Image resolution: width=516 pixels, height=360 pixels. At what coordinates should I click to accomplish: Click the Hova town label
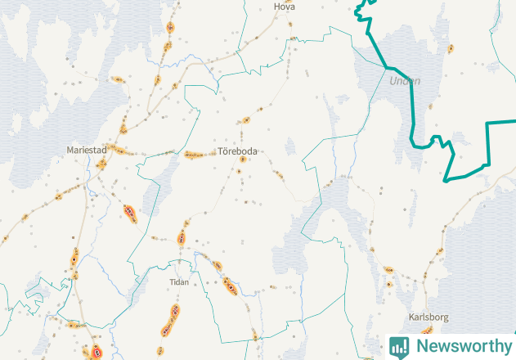(x=285, y=7)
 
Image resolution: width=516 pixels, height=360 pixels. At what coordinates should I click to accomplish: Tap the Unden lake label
(x=405, y=81)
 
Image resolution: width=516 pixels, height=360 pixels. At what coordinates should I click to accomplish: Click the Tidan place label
(x=178, y=282)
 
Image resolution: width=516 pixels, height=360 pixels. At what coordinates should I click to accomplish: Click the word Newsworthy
(x=462, y=346)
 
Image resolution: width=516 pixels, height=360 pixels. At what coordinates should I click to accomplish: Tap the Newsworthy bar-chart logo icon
(x=399, y=346)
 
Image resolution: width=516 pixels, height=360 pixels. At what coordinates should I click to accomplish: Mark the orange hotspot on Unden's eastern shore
(x=450, y=49)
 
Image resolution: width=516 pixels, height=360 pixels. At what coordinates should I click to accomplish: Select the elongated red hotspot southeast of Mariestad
(x=130, y=214)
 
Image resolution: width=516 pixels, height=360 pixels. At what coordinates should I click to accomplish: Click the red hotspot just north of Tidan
(x=182, y=239)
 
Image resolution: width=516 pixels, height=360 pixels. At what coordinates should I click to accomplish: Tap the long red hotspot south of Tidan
(x=171, y=319)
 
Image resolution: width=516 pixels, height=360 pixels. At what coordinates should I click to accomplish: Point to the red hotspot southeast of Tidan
(x=230, y=286)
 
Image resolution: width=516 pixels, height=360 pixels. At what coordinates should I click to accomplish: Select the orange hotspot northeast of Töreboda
(x=246, y=119)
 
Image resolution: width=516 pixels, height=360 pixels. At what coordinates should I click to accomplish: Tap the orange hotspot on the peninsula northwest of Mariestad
(x=118, y=79)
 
